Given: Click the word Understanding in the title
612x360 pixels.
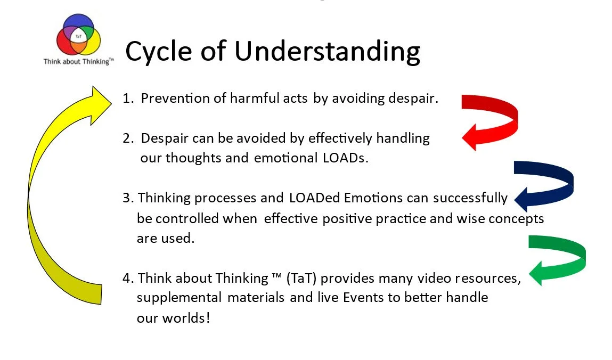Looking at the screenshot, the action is click(x=327, y=52).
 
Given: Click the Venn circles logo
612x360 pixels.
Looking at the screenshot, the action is click(x=79, y=36).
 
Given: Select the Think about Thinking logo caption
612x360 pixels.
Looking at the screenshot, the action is click(x=79, y=62).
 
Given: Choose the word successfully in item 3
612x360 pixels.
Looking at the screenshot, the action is click(x=470, y=198).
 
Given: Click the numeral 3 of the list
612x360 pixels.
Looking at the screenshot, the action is click(x=127, y=198).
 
